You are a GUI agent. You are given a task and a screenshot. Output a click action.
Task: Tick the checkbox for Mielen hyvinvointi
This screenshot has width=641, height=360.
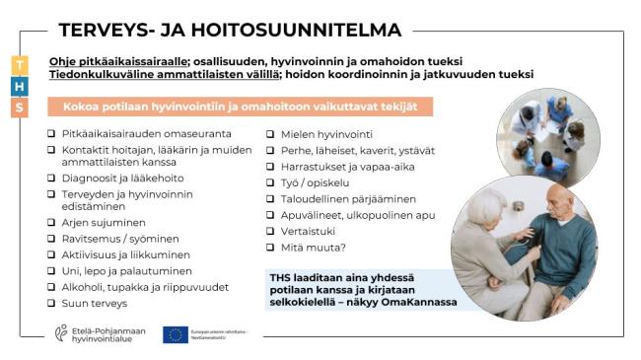[x=271, y=134]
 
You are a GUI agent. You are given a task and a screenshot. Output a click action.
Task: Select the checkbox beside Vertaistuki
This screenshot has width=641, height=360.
[x=271, y=231]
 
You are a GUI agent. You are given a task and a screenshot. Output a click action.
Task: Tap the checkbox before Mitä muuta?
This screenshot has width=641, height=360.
[x=271, y=248]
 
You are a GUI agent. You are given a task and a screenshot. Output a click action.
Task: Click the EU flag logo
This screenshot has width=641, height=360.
[x=176, y=335]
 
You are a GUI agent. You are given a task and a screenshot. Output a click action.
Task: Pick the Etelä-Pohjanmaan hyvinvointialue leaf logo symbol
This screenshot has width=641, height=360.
[x=61, y=334]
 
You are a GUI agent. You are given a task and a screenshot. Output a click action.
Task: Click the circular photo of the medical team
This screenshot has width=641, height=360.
[x=546, y=133]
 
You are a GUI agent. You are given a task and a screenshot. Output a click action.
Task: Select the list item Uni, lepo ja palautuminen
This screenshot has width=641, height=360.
[x=126, y=270]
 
